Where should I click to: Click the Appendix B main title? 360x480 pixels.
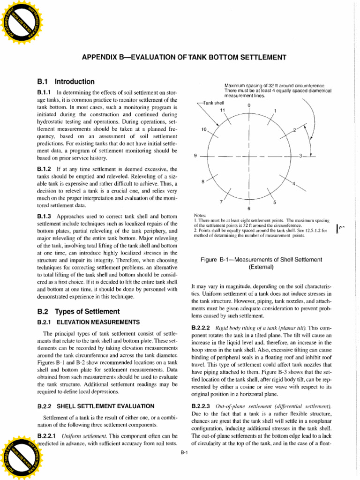(184, 58)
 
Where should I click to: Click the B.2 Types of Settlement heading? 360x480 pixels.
(78, 311)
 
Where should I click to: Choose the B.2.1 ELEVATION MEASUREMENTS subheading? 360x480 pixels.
(88, 322)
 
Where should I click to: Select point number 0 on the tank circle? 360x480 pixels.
(249, 105)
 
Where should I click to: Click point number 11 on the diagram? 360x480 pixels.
(223, 111)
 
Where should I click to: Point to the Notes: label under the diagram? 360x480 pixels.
(200, 215)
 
